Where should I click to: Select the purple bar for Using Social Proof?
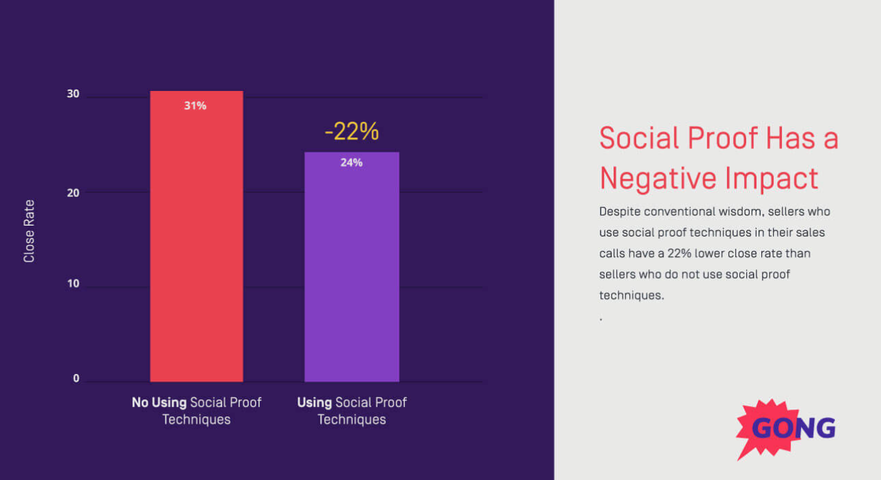pos(352,274)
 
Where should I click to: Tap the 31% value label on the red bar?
pos(195,106)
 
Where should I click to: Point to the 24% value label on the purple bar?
pos(352,163)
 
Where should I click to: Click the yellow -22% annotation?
pos(352,131)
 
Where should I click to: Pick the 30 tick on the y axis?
pos(73,94)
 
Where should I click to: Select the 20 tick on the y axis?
pos(73,193)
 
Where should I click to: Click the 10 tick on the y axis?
pos(73,284)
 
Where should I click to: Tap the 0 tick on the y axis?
pos(76,379)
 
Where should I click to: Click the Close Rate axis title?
pos(29,231)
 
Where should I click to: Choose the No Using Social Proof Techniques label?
pos(196,411)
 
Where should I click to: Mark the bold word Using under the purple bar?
pos(315,403)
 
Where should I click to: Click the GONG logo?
pos(787,429)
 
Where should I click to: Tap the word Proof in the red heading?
pos(722,138)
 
